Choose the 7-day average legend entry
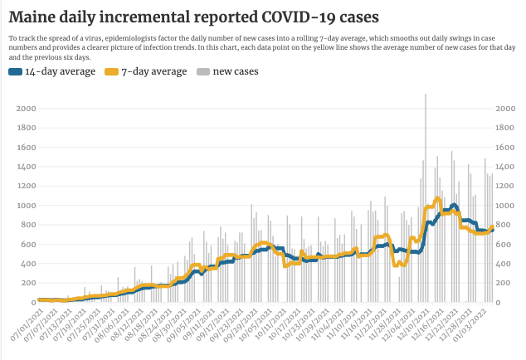(153, 71)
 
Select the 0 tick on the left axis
(31, 302)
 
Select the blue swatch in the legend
(15, 72)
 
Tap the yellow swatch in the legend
(112, 72)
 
